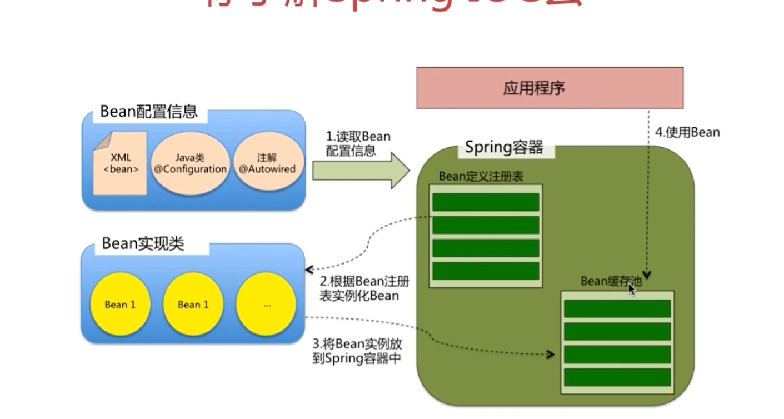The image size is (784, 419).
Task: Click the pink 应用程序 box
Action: click(550, 88)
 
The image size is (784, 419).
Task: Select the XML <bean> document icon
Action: click(120, 163)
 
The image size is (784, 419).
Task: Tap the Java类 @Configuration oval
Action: click(190, 163)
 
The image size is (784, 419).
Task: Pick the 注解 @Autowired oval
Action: click(267, 163)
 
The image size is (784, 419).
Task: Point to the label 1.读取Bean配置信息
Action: click(358, 143)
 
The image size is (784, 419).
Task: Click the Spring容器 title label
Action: click(503, 148)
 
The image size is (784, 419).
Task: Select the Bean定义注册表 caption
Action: click(481, 177)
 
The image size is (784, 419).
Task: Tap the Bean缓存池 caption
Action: click(611, 282)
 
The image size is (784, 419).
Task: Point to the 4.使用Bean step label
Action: click(687, 133)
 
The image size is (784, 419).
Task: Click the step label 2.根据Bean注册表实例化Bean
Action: click(363, 288)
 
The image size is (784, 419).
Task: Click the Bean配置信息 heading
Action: click(148, 112)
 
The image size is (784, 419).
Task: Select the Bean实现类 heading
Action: click(143, 244)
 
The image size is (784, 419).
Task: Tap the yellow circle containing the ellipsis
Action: click(266, 305)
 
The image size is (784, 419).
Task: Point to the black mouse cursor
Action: click(631, 289)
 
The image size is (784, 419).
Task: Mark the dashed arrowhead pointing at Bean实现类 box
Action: click(309, 270)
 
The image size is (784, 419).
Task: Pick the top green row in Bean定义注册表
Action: click(485, 202)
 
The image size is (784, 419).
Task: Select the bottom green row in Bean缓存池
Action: click(617, 377)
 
